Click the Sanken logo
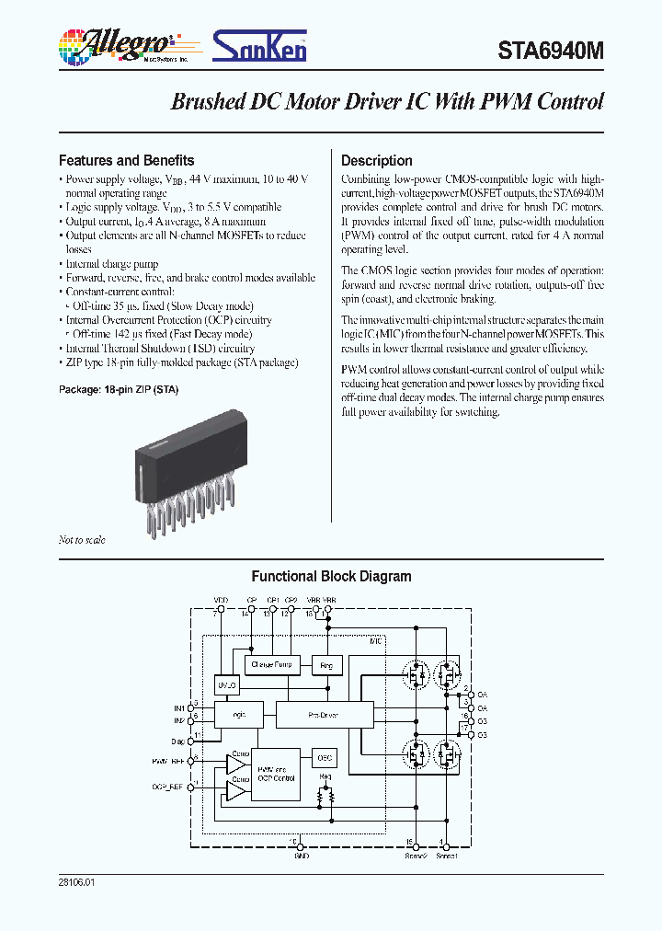tap(260, 45)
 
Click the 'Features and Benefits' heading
tap(126, 160)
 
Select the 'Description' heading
tap(377, 160)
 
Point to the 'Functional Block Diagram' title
tap(331, 577)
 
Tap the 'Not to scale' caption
tap(82, 540)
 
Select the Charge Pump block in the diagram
tap(271, 664)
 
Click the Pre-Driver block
tap(322, 713)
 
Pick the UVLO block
tap(226, 685)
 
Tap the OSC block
tap(324, 758)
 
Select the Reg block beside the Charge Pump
tap(326, 664)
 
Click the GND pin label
tap(301, 856)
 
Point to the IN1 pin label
tap(178, 707)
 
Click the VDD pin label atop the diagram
tap(221, 600)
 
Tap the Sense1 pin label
tap(446, 856)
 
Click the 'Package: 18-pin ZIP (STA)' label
tap(119, 389)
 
